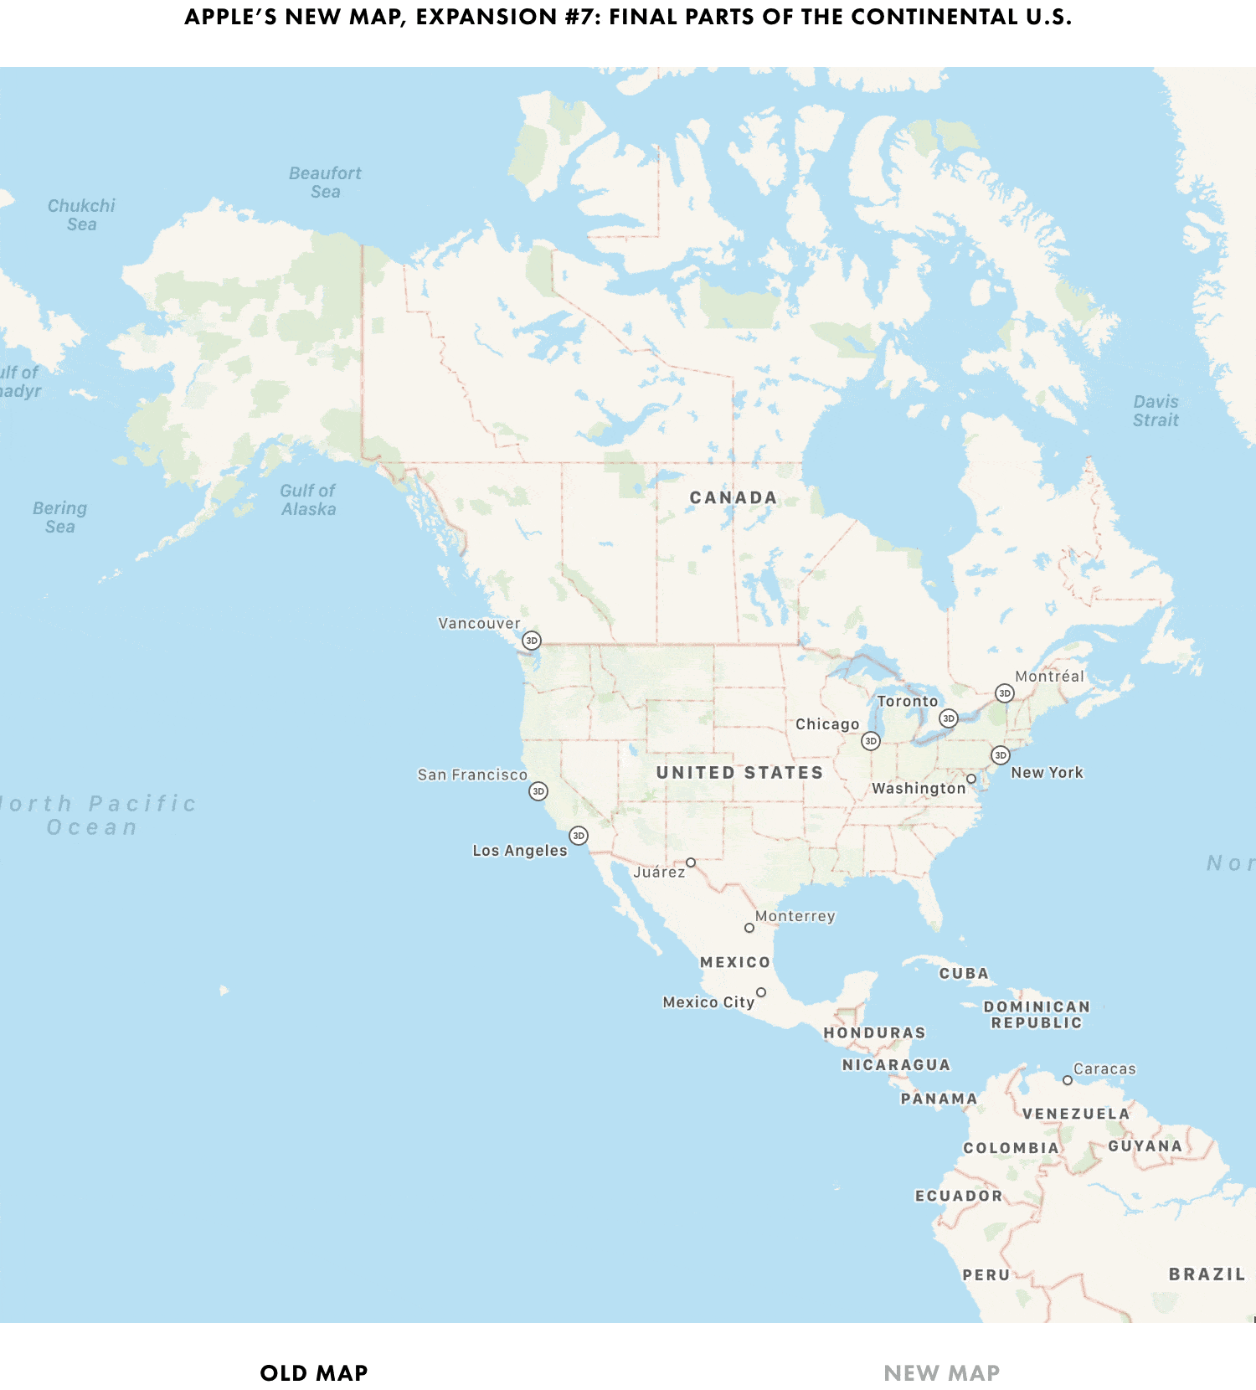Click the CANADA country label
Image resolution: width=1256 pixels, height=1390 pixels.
click(x=733, y=497)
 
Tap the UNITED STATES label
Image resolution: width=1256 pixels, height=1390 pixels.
click(x=739, y=773)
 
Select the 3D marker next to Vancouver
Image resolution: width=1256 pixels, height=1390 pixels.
click(x=531, y=641)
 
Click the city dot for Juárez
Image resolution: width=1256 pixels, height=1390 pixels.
click(x=691, y=862)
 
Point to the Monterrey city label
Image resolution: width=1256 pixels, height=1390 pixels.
click(x=795, y=916)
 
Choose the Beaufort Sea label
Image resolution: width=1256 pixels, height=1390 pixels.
click(x=325, y=183)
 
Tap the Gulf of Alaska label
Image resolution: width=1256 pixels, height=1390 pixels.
click(x=308, y=500)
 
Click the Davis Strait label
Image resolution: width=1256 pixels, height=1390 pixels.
click(x=1156, y=411)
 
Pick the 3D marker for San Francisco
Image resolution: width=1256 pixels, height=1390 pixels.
click(x=538, y=791)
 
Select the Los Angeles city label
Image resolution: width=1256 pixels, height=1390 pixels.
click(x=519, y=851)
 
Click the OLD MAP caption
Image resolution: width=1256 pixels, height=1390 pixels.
click(x=314, y=1373)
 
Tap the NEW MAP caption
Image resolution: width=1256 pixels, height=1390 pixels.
click(x=941, y=1373)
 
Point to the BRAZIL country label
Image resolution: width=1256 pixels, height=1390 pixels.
click(x=1207, y=1274)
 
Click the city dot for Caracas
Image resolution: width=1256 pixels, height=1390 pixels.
click(x=1068, y=1080)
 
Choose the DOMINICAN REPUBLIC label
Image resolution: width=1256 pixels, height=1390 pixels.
click(x=1037, y=1015)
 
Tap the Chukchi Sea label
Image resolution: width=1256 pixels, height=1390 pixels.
click(x=81, y=215)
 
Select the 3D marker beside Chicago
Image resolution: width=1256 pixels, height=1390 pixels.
click(x=871, y=741)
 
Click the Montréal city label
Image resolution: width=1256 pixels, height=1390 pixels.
click(x=1049, y=677)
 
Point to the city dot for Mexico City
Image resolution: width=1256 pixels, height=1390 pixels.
click(x=761, y=992)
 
